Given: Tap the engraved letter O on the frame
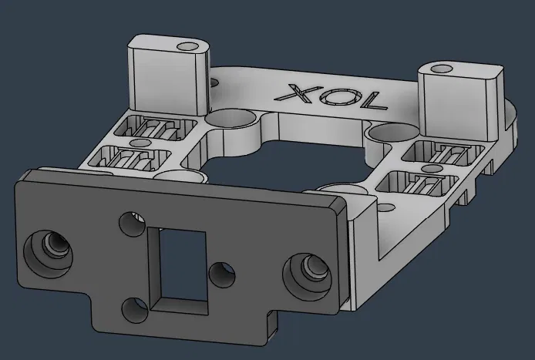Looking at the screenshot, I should point(328,96).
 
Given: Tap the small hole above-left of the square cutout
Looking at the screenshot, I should point(129,224).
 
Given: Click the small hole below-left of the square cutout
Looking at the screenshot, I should point(134,310).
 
